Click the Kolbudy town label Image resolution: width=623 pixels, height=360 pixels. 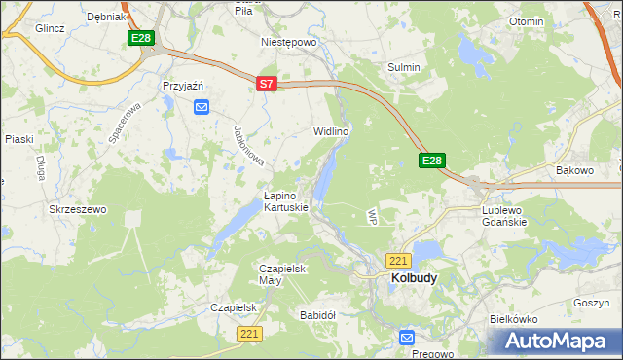(x=414, y=277)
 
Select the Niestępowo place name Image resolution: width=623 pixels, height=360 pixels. (x=290, y=43)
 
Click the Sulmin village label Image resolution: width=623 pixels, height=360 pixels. (x=404, y=67)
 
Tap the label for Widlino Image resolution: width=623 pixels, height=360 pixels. (x=330, y=130)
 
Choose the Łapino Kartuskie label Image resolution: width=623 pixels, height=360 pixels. (x=286, y=201)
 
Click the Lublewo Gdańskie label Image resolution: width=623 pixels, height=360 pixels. (x=504, y=215)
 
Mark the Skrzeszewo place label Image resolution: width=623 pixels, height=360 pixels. (x=77, y=209)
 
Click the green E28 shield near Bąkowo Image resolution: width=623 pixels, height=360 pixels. (x=433, y=161)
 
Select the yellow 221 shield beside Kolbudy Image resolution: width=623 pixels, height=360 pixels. (x=398, y=261)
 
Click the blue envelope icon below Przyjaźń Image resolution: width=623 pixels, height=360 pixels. (x=202, y=107)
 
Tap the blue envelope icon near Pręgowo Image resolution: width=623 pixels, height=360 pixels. (x=407, y=337)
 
